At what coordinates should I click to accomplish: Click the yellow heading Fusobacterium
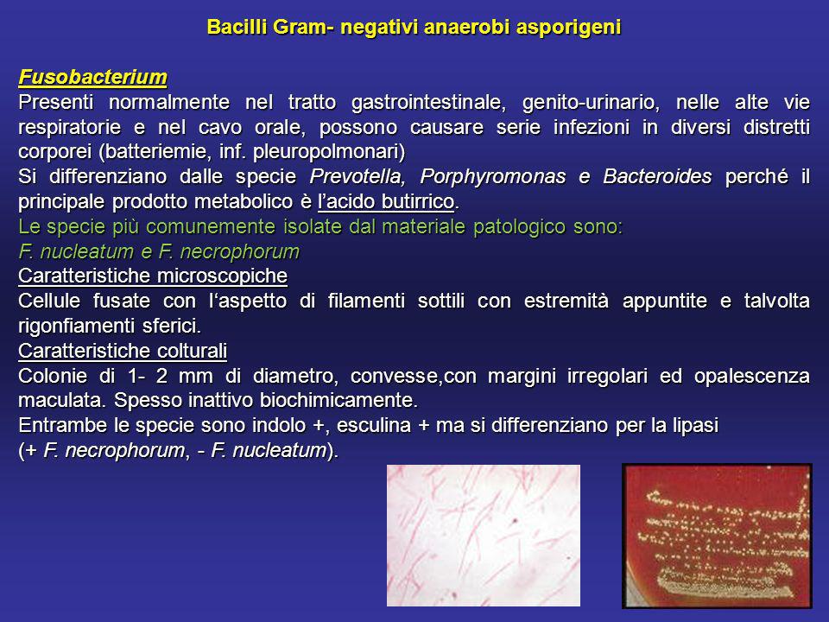click(93, 77)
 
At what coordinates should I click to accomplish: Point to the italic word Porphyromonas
click(493, 177)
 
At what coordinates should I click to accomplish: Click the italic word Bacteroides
click(657, 176)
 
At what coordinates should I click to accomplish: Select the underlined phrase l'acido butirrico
click(386, 201)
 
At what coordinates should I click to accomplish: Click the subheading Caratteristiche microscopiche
click(153, 276)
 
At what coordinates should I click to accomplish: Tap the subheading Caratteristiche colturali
click(123, 351)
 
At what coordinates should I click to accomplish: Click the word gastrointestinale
click(429, 102)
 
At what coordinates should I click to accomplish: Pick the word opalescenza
click(752, 376)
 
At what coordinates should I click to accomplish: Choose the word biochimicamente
click(339, 400)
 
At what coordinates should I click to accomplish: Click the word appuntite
click(665, 301)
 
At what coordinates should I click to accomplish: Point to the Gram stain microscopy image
click(484, 536)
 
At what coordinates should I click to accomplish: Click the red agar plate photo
click(717, 536)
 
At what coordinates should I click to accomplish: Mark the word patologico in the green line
click(518, 227)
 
